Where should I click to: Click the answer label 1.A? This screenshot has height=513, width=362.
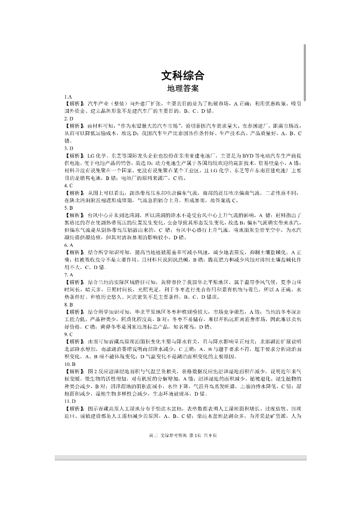pyautogui.click(x=68, y=97)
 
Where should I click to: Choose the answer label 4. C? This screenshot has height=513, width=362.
pyautogui.click(x=68, y=185)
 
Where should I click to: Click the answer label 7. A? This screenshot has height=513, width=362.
pyautogui.click(x=68, y=275)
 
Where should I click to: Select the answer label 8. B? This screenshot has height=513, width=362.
pyautogui.click(x=68, y=304)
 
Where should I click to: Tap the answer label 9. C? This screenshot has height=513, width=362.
pyautogui.click(x=68, y=334)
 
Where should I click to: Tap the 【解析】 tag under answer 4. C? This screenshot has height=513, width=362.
pyautogui.click(x=75, y=193)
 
